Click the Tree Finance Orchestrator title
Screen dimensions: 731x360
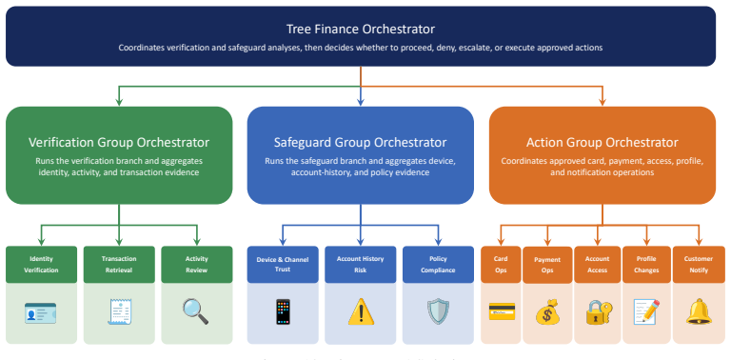pos(361,29)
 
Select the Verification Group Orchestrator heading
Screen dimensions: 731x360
pos(119,142)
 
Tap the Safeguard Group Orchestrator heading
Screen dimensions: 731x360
pos(361,142)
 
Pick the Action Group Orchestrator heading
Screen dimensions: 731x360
pos(602,142)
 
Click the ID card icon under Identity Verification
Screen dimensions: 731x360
pos(41,313)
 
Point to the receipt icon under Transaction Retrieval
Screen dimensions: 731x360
pos(119,312)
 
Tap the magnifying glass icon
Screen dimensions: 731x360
pos(195,311)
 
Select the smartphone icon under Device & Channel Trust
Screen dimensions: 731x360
pos(283,311)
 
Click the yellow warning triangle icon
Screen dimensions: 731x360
pos(361,311)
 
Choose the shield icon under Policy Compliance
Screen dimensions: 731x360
pos(438,311)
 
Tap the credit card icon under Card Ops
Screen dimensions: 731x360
pos(502,311)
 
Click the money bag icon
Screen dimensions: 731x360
pos(547,311)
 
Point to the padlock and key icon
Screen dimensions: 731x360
pos(599,312)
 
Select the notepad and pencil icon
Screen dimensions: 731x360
pos(646,311)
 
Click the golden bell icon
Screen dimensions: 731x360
pos(699,311)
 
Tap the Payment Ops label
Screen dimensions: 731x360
pos(547,266)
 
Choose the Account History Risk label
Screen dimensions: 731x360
pos(361,264)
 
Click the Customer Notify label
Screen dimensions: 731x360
pos(699,265)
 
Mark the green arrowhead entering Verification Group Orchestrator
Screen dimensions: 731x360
pos(119,101)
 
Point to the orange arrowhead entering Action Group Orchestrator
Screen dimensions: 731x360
pos(602,101)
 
